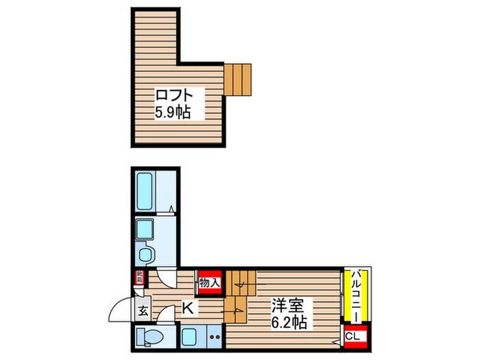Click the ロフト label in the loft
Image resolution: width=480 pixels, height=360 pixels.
[171, 95]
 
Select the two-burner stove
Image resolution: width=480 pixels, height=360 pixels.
[213, 337]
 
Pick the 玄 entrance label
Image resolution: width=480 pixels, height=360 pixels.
[143, 311]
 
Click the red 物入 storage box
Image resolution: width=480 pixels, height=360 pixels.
[210, 281]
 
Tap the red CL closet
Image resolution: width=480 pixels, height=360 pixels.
[352, 336]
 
